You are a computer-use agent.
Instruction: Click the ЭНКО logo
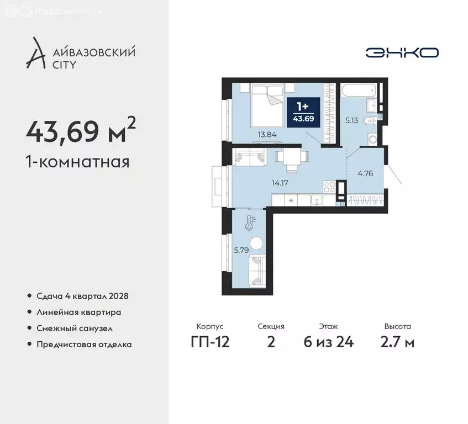pos(402,52)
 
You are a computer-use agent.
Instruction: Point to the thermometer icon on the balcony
pos(251,223)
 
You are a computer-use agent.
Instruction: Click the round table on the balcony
pos(256,243)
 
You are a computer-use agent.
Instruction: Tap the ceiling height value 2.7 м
pos(398,342)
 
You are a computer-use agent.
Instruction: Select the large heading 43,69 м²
pos(81,131)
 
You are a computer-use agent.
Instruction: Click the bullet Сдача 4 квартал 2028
pos(82,296)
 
